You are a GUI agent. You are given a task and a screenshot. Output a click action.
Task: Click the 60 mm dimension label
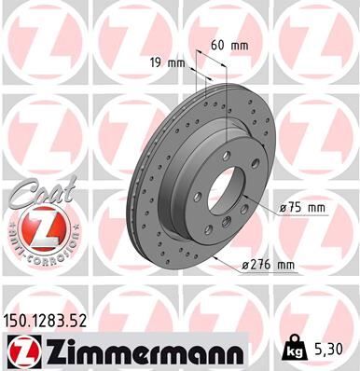coord(228,44)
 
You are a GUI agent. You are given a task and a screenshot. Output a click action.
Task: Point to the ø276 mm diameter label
coord(268,266)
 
